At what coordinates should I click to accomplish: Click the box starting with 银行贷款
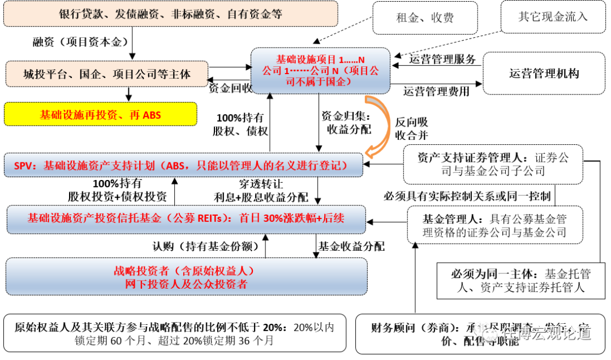(170, 14)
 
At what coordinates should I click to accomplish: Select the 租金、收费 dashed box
(424, 18)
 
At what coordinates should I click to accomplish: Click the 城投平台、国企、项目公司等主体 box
(107, 74)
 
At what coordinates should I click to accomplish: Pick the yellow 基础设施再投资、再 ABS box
(100, 115)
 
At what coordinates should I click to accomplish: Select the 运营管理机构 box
(544, 73)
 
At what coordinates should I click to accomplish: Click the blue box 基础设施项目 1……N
(321, 71)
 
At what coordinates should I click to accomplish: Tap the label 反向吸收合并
(411, 128)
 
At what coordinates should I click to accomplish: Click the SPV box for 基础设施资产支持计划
(183, 165)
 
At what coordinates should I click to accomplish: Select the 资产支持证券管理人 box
(493, 164)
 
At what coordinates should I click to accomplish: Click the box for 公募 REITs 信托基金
(186, 218)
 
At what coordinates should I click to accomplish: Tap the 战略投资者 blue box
(186, 277)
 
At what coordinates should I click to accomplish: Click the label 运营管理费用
(436, 91)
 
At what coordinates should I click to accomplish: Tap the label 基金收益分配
(351, 246)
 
